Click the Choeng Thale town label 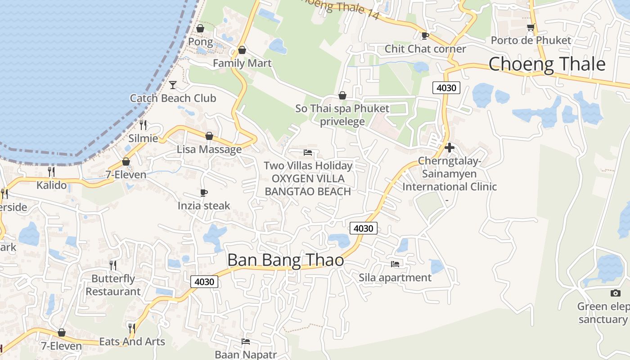[547, 64]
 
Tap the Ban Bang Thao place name [285, 260]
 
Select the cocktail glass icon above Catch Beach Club [173, 85]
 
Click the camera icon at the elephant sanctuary [615, 293]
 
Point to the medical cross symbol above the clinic [449, 147]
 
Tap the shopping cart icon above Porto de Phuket [531, 27]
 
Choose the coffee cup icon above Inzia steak [204, 193]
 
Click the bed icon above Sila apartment [395, 264]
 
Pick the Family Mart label [242, 63]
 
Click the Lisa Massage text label [209, 149]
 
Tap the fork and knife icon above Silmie [143, 125]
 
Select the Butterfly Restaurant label [113, 285]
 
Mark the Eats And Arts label [132, 342]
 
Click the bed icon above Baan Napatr [246, 341]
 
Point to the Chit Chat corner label [425, 49]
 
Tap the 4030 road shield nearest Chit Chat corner [446, 88]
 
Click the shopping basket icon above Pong [200, 28]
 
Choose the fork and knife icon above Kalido [51, 171]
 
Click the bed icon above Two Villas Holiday [308, 152]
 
